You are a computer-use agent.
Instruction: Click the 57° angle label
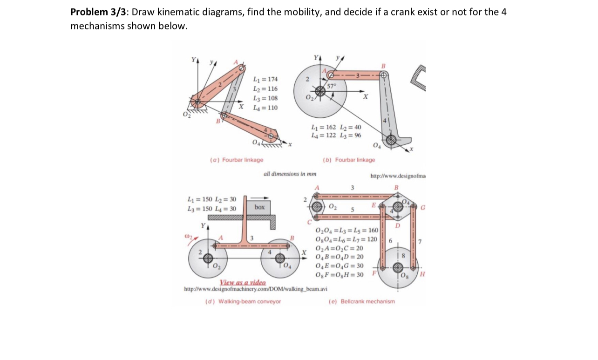[332, 86]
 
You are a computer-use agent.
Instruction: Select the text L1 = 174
[265, 79]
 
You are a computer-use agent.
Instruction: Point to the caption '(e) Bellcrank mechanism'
[361, 301]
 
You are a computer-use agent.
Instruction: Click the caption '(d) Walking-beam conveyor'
[243, 301]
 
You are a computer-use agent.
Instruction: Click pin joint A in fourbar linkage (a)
[241, 68]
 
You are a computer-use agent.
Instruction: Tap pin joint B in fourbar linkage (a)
[224, 114]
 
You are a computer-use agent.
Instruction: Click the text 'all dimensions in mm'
[290, 174]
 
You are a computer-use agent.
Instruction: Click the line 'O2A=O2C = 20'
[339, 247]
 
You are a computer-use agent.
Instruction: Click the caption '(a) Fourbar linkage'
[236, 160]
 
